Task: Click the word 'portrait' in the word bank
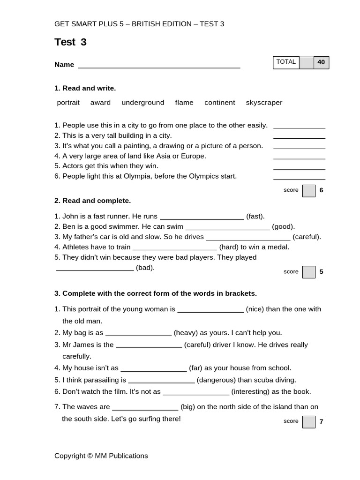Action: coord(68,103)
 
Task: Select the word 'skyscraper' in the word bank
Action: coord(264,103)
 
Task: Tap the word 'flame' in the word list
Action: coord(184,103)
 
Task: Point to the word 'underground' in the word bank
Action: coord(143,103)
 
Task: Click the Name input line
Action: coord(159,66)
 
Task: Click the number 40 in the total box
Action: coord(321,62)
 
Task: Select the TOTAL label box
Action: coord(286,62)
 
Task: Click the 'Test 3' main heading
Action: coord(70,42)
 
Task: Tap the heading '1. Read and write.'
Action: coord(85,88)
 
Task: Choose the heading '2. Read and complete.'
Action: coord(92,201)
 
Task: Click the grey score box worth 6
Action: coord(309,191)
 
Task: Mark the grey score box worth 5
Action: coord(309,272)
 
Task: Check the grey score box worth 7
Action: coord(309,422)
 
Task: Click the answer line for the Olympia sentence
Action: coord(299,178)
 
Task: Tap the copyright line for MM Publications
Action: coord(101,456)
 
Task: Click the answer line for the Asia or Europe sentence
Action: coord(299,157)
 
